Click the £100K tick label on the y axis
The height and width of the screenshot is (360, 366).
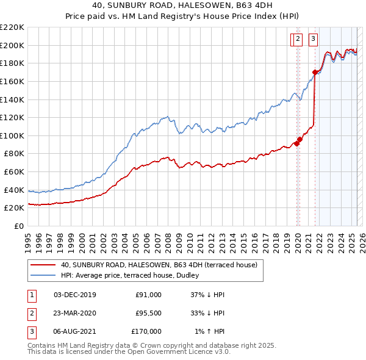[12, 135]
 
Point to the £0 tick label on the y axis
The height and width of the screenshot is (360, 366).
[20, 226]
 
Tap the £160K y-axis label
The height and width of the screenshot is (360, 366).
[12, 81]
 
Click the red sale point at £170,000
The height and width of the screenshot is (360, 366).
[315, 72]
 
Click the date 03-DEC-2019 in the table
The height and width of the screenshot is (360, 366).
[75, 295]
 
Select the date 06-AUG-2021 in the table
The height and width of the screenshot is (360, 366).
[75, 331]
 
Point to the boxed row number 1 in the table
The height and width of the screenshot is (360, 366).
[32, 295]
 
